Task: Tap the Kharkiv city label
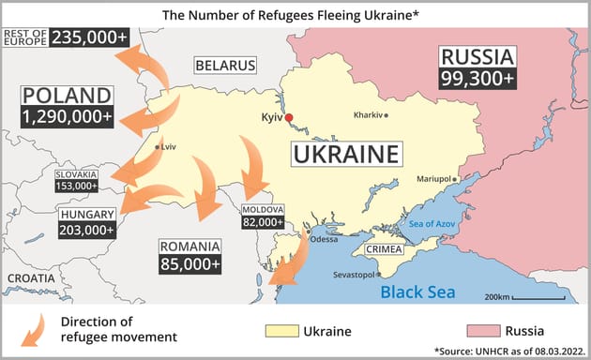tap(368, 114)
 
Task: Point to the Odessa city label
tap(324, 238)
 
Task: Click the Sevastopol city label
tap(353, 275)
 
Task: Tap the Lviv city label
tap(168, 147)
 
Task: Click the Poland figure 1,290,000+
tap(67, 117)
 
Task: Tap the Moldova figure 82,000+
tap(262, 222)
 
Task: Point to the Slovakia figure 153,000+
tap(76, 186)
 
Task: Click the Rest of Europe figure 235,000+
tap(89, 37)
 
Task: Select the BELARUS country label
tap(225, 66)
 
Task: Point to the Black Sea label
tap(417, 292)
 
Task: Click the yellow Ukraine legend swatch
tap(280, 330)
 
